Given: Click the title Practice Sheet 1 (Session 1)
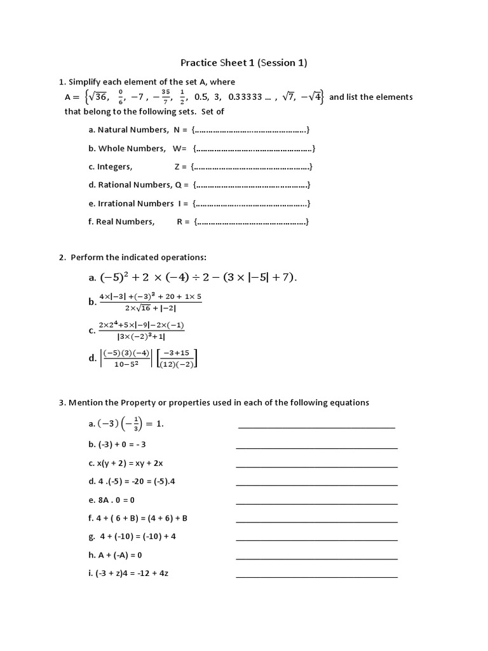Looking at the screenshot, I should (244, 62).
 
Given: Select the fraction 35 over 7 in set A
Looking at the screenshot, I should (165, 97).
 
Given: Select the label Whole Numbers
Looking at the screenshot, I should (131, 148).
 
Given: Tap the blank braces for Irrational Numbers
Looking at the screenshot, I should (252, 203).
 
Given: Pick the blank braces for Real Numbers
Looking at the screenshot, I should (252, 222).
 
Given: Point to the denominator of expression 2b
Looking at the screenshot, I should (150, 308).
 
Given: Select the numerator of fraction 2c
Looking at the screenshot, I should (142, 325).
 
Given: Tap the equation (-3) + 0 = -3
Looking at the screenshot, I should (121, 444).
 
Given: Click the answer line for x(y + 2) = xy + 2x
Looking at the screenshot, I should (316, 466).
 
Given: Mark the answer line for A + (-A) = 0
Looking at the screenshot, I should (316, 558).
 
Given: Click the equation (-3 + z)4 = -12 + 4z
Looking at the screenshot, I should (132, 573).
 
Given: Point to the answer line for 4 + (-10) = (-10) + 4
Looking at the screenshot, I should (316, 540).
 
